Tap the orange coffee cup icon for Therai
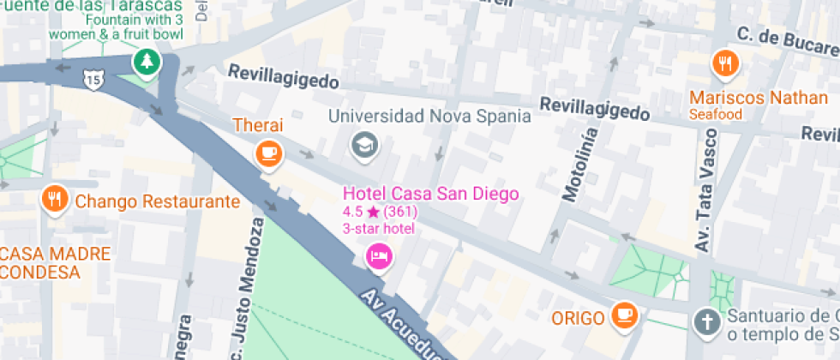coord(269,153)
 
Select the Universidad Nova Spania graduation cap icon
coord(365,146)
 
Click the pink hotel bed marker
coord(379,255)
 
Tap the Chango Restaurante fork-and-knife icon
coord(55,201)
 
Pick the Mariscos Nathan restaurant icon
coord(725,63)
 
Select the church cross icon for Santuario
coord(705,322)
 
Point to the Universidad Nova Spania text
coord(429,116)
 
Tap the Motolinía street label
coord(579,164)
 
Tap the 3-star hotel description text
coord(378,228)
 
